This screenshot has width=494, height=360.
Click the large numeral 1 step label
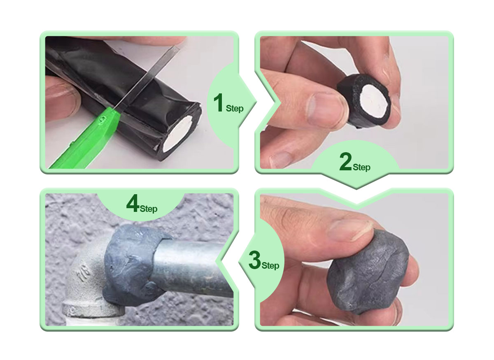218,102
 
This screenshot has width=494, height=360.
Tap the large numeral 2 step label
345,161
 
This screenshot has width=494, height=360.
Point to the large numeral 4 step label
133,203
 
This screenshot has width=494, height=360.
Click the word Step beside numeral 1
235,108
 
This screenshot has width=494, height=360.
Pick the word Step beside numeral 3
270,265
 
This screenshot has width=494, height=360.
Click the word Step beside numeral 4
149,209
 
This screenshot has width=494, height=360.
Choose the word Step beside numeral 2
361,167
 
